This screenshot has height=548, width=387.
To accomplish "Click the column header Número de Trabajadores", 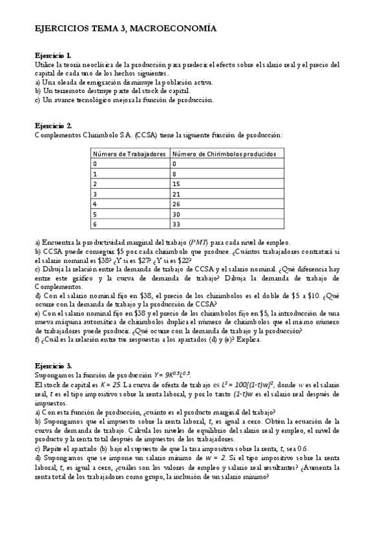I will [x=129, y=154].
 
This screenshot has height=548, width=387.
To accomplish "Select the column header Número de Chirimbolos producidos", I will [x=224, y=154].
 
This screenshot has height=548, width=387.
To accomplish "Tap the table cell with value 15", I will [x=176, y=184].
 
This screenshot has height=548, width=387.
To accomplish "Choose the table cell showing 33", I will [x=176, y=224].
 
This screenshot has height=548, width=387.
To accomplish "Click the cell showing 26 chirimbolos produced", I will [x=176, y=204].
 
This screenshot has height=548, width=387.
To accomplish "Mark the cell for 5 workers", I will [x=95, y=214].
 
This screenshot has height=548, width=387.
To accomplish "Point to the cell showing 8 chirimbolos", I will [x=174, y=174].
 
